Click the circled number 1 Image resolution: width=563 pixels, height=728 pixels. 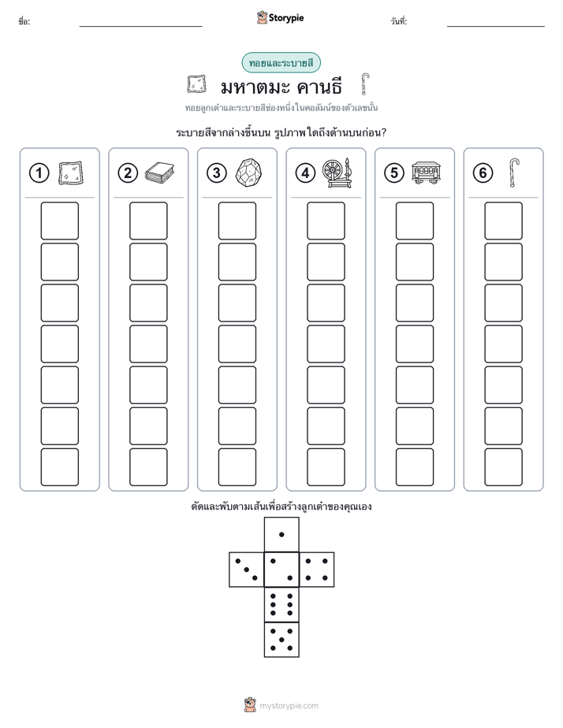click(39, 173)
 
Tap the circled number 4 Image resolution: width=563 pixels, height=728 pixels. click(305, 173)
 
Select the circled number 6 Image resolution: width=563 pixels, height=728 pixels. click(483, 173)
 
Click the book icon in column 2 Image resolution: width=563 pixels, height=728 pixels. click(159, 173)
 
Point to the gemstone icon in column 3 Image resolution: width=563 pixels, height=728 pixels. click(248, 173)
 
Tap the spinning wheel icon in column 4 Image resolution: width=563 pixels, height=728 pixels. click(337, 173)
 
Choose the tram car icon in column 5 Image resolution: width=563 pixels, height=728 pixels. click(426, 173)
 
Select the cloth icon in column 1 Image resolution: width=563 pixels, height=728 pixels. click(71, 173)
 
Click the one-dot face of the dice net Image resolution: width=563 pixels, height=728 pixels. click(281, 534)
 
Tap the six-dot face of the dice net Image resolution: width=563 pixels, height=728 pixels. click(281, 604)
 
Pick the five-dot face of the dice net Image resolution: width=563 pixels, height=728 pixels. click(281, 640)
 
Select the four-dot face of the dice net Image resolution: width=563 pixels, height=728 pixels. click(317, 570)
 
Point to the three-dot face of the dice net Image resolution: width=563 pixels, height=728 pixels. click(246, 570)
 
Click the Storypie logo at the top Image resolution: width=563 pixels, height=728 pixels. click(280, 17)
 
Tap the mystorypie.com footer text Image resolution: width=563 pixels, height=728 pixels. click(289, 706)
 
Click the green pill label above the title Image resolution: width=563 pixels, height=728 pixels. click(281, 63)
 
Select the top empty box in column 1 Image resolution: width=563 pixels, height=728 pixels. click(59, 221)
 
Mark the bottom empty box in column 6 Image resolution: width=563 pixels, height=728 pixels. click(504, 467)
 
